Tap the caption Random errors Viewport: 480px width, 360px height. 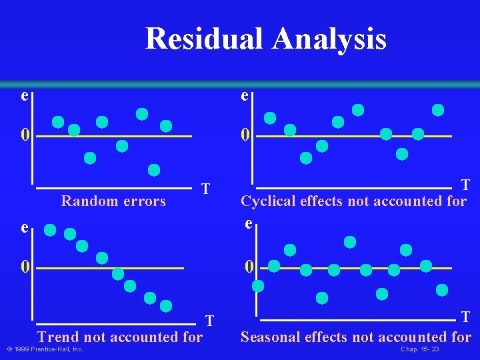(113, 201)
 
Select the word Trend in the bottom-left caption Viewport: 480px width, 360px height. (56, 337)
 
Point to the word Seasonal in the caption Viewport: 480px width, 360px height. (270, 337)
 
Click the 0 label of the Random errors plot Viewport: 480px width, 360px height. (25, 135)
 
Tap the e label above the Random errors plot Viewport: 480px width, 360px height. (24, 96)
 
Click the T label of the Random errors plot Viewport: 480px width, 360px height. (207, 189)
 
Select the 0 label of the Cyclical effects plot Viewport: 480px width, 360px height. (246, 135)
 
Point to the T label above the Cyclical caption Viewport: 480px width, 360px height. (465, 185)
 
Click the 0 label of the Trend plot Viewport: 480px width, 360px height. (25, 267)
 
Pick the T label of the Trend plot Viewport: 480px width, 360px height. (209, 321)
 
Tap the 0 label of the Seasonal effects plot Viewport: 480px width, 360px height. (249, 267)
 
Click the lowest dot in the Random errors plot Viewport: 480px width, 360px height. (154, 170)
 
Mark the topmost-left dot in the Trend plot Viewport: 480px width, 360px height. (50, 230)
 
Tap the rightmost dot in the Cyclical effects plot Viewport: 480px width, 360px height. (438, 110)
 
